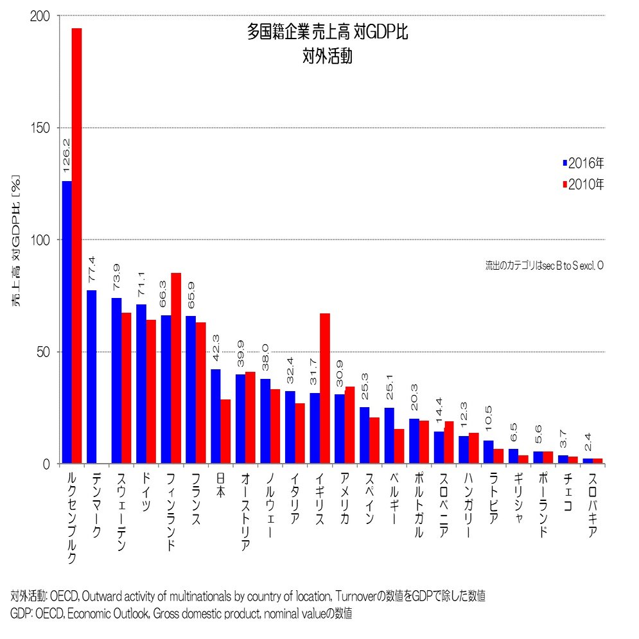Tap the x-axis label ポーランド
pos(543,507)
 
